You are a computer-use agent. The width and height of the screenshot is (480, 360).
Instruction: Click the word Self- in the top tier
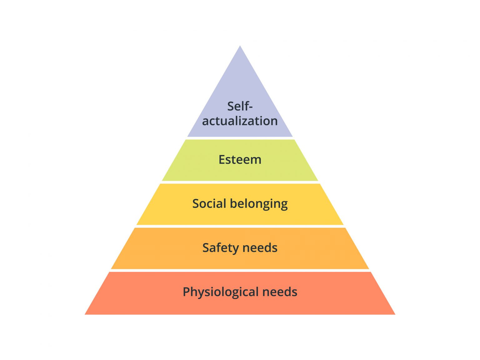240,106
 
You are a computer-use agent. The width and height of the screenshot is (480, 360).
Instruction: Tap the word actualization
240,121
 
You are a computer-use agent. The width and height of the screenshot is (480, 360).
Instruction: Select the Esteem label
240,159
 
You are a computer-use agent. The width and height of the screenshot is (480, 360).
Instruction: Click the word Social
209,203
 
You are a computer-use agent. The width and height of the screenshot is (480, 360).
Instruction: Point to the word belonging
259,204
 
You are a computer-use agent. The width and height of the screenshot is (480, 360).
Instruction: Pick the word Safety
220,248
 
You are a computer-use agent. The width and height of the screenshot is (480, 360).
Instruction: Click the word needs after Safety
260,248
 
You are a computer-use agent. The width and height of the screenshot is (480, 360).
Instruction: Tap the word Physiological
220,292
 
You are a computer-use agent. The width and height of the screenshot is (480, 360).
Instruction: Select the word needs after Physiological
280,292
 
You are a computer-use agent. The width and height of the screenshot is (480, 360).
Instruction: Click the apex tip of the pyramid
240,47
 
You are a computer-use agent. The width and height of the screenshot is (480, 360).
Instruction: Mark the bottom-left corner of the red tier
86,314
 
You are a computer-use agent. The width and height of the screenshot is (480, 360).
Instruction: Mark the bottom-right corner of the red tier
394,314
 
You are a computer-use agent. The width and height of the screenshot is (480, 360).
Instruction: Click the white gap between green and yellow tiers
240,182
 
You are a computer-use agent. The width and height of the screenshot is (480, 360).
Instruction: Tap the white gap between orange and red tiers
240,270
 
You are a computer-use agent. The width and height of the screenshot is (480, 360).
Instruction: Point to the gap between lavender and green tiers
240,138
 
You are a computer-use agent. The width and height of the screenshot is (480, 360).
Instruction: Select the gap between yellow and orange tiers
240,226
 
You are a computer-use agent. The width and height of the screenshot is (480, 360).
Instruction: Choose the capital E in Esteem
222,159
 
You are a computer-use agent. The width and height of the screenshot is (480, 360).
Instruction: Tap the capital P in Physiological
186,292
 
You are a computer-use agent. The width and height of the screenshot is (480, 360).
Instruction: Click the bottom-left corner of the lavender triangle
188,136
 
